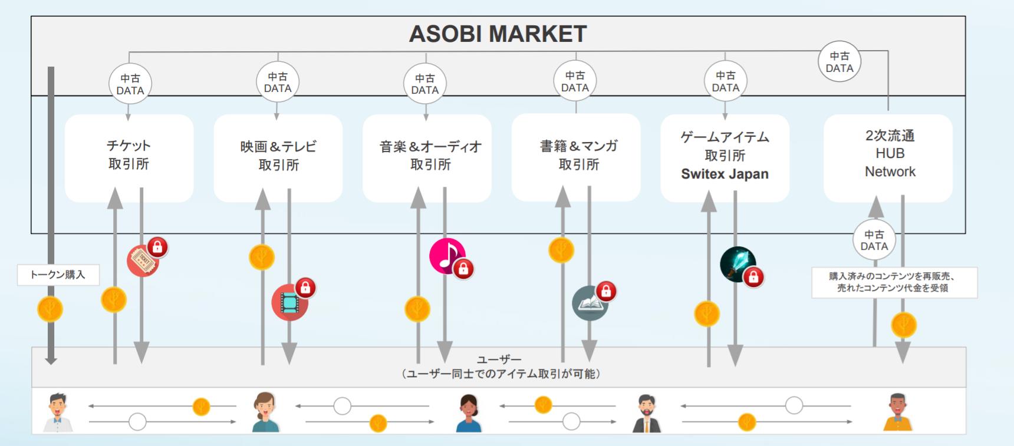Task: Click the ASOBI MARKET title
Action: [498, 34]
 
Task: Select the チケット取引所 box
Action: [129, 155]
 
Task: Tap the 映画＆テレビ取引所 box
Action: [278, 156]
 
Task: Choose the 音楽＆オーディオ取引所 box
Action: [430, 156]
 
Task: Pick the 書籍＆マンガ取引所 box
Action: [578, 155]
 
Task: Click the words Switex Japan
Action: [725, 174]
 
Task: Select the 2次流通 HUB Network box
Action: [889, 154]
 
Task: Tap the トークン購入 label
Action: [58, 275]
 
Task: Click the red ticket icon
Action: [143, 260]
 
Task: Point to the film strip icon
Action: [289, 302]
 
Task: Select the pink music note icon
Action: [447, 255]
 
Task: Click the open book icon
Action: [590, 303]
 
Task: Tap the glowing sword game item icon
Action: [738, 263]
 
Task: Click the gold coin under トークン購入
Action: [50, 309]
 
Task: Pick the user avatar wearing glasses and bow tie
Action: [58, 412]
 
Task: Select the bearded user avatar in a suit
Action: [647, 414]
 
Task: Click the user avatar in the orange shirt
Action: [897, 412]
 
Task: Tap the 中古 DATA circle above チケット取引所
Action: [130, 84]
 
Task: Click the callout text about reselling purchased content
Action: [894, 282]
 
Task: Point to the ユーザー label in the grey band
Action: [499, 359]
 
